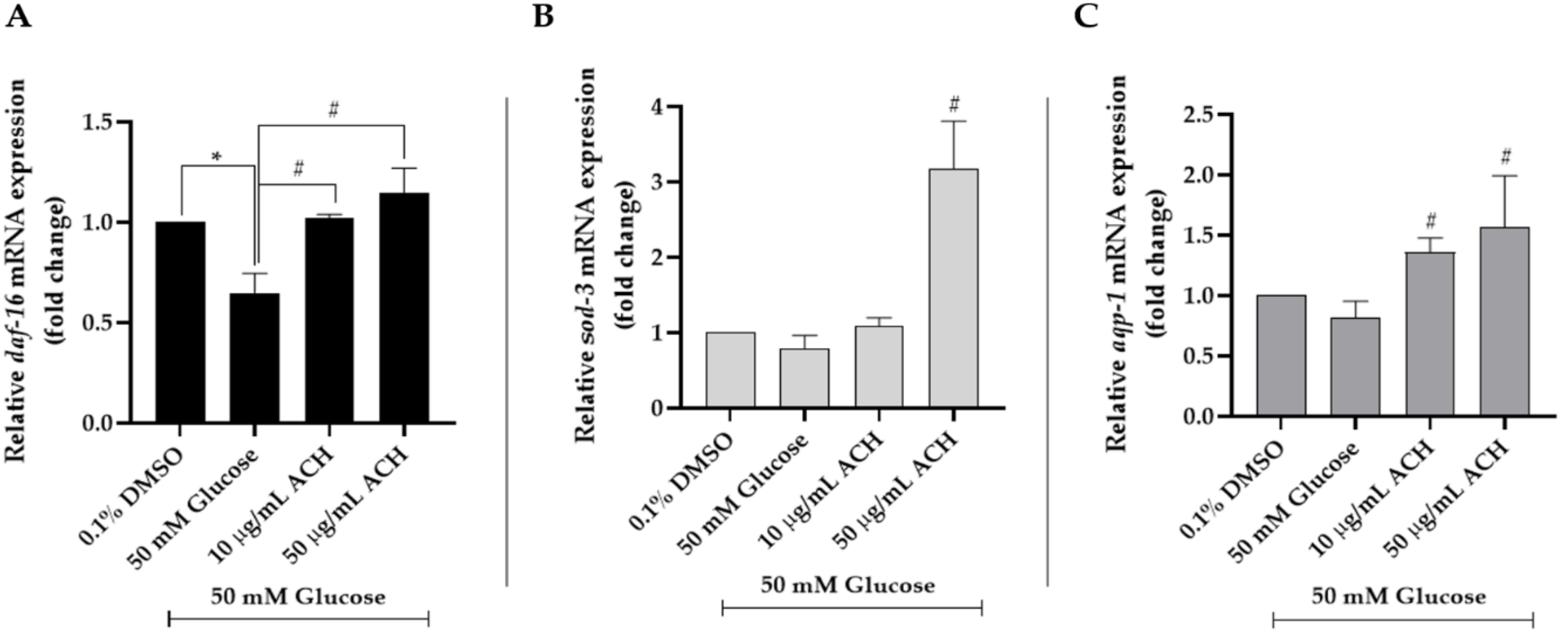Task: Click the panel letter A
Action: pyautogui.click(x=18, y=17)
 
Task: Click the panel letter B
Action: pyautogui.click(x=543, y=17)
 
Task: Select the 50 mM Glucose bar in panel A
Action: pyautogui.click(x=255, y=357)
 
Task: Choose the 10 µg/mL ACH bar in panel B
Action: pyautogui.click(x=879, y=367)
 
